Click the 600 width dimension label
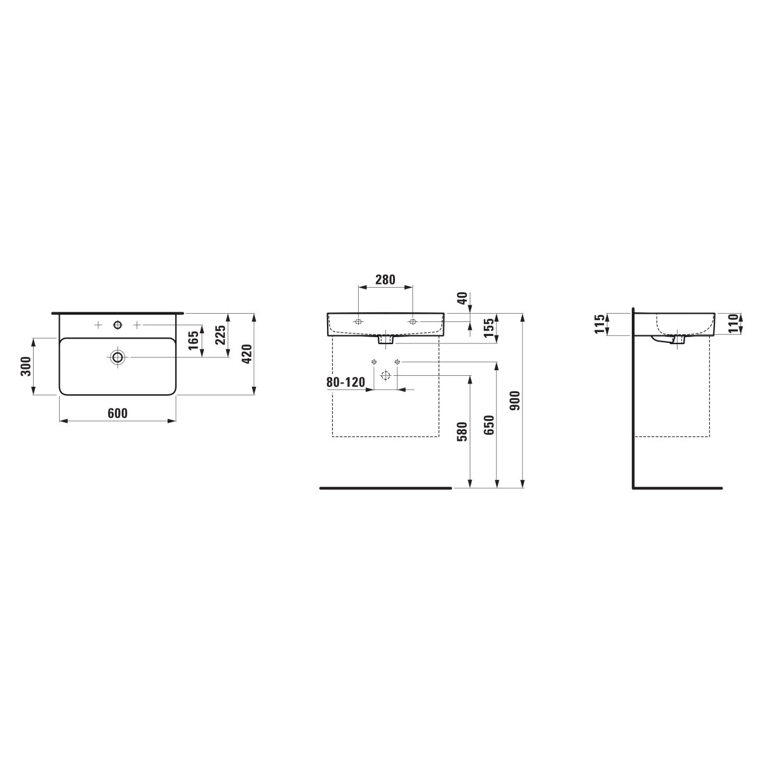pos(117,413)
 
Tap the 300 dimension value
pos(25,366)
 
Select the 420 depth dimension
pos(247,354)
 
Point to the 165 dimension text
pos(194,340)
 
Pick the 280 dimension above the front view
pos(385,279)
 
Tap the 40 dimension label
pos(462,298)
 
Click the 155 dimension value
pos(489,328)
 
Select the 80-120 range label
pos(345,382)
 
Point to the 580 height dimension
pos(462,431)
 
